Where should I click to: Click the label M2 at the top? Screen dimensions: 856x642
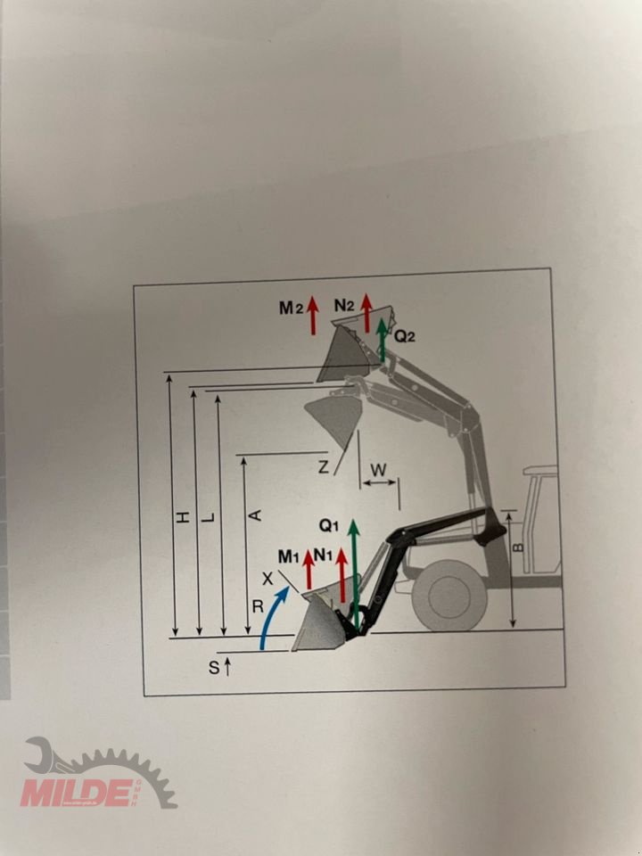click(x=290, y=308)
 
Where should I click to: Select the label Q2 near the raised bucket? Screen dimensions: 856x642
click(x=404, y=336)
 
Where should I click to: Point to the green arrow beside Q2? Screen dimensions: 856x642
click(x=383, y=340)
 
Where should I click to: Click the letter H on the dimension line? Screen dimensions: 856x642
click(x=181, y=516)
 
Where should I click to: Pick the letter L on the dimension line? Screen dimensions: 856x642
click(x=207, y=516)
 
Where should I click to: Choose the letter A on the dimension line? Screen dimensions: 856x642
click(x=254, y=515)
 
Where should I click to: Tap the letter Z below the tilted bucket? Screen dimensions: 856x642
click(x=324, y=467)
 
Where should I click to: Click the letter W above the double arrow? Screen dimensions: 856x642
click(x=379, y=467)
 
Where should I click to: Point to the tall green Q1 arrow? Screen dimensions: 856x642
click(x=355, y=575)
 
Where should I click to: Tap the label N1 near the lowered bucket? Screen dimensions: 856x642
click(x=324, y=555)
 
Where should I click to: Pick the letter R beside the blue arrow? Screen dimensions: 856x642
click(x=257, y=607)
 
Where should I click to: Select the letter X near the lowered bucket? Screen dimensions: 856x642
click(x=267, y=579)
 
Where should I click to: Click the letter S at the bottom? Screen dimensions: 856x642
click(x=214, y=666)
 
